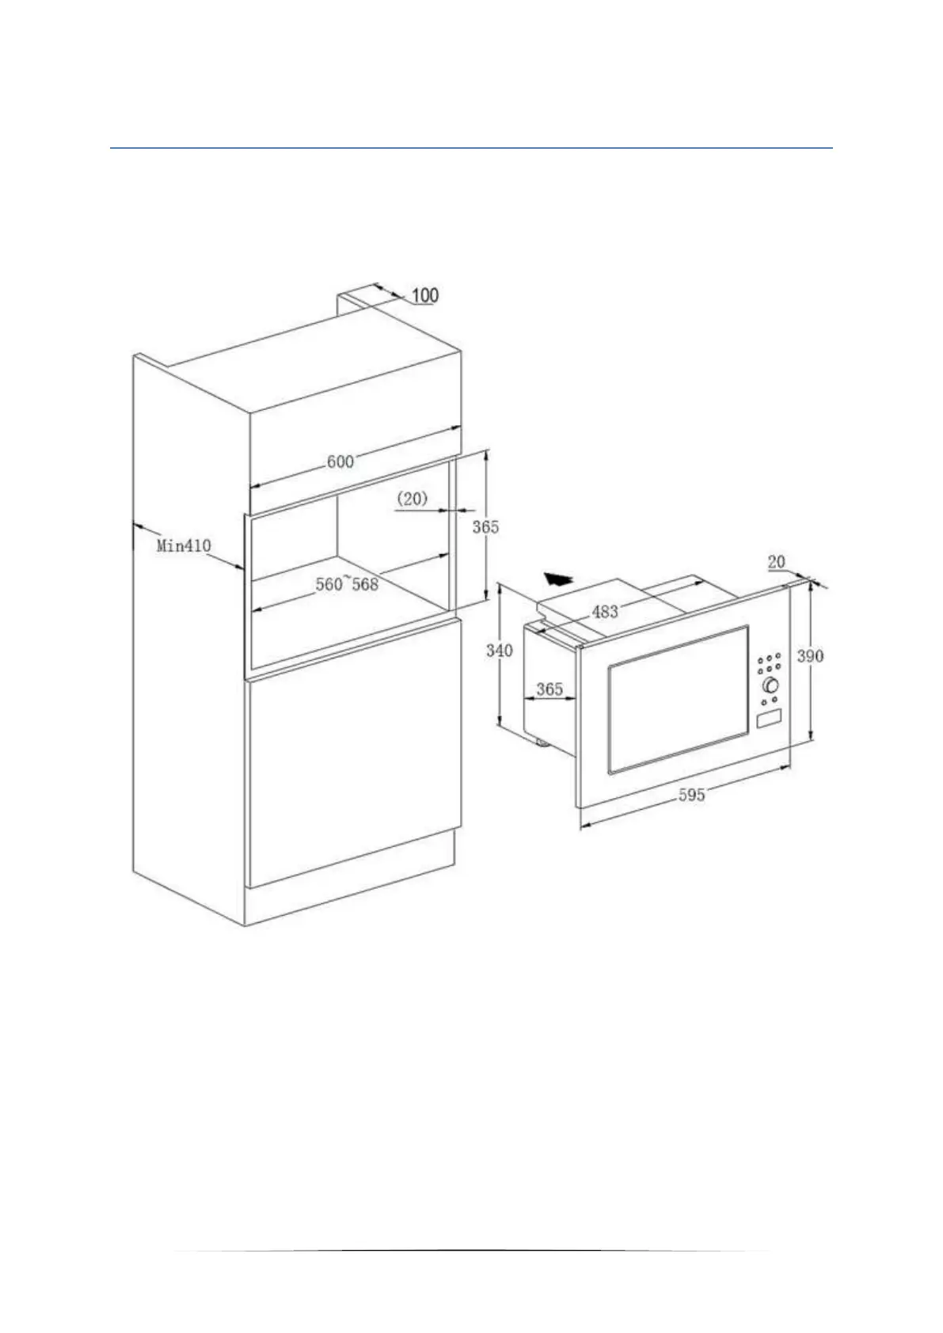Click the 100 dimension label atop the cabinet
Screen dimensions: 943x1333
pos(425,295)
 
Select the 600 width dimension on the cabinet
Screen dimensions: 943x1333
pos(340,461)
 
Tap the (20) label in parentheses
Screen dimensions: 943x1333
pos(412,499)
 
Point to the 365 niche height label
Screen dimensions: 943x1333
pos(485,526)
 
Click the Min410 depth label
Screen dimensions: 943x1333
pos(184,545)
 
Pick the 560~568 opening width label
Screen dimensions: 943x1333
pos(347,585)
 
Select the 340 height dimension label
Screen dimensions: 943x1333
pos(499,651)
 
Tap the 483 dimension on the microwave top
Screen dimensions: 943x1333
pos(605,611)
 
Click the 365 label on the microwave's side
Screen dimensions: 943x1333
pos(549,689)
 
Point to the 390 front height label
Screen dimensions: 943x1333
pos(810,655)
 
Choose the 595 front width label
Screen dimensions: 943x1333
pos(691,795)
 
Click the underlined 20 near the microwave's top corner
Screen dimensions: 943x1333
pos(776,561)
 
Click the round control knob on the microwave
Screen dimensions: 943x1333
pos(770,685)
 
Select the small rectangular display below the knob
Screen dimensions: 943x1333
pos(768,719)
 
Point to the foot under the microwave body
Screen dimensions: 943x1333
pos(542,742)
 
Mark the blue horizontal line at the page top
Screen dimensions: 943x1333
pos(471,148)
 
